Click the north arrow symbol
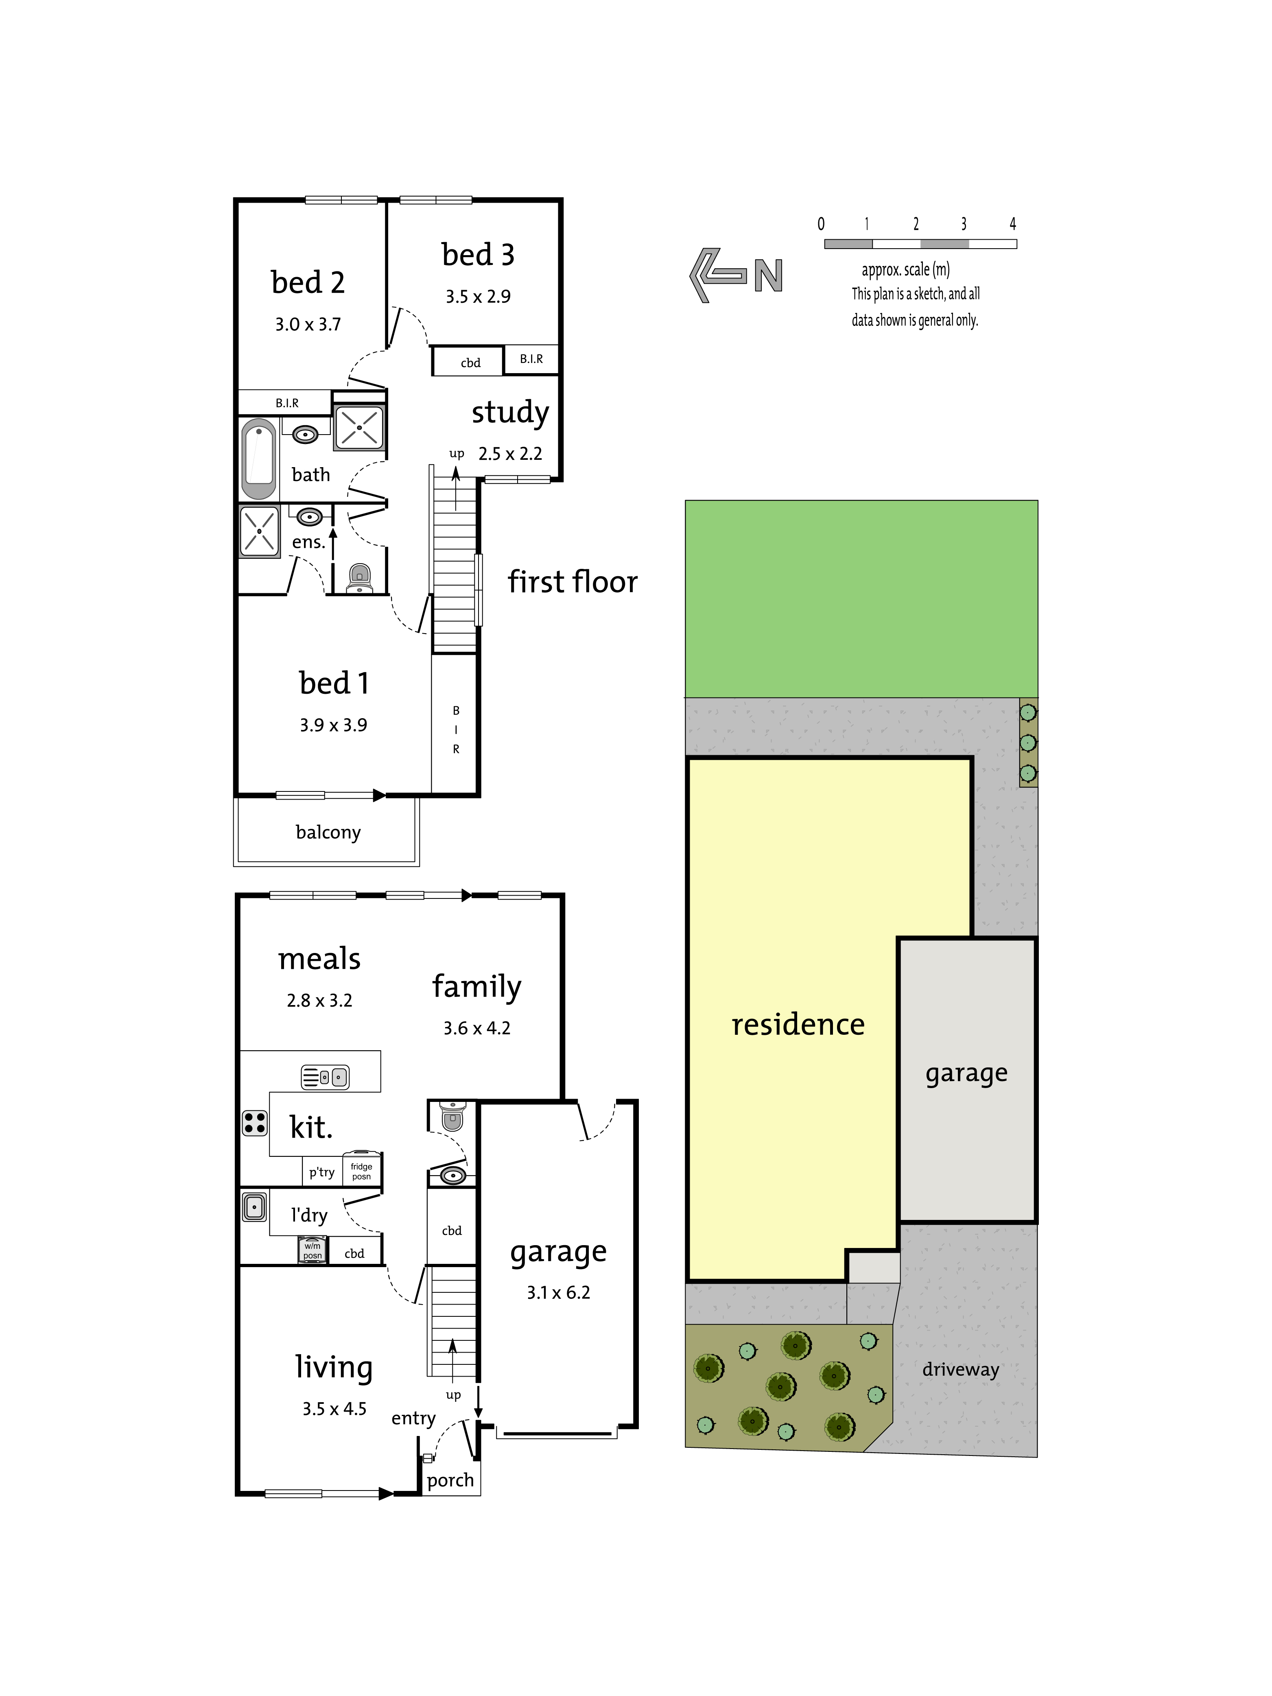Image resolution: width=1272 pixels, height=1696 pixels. click(736, 275)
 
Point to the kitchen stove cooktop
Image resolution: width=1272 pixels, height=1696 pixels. click(255, 1123)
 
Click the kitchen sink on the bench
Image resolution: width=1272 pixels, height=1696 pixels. click(325, 1077)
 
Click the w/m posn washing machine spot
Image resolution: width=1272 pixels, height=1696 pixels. click(312, 1250)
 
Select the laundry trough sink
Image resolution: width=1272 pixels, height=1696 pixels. click(255, 1207)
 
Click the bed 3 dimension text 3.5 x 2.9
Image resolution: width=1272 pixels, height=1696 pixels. click(478, 297)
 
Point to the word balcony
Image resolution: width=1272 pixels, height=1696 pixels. click(328, 833)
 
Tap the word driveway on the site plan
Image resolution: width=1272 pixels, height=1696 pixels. click(961, 1369)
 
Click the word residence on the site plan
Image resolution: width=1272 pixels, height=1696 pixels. click(798, 1024)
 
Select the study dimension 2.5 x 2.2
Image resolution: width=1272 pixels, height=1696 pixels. click(510, 454)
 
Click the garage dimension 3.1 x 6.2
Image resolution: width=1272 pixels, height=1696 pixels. click(558, 1293)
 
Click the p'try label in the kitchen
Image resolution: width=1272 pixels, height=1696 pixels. click(322, 1172)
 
